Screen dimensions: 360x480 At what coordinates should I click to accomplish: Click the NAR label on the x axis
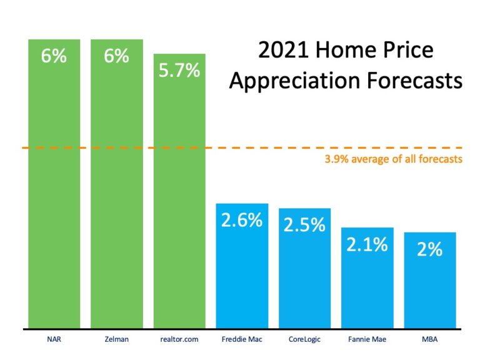54,341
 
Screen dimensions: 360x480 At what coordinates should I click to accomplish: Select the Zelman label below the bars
116,341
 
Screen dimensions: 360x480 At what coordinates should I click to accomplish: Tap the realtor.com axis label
179,341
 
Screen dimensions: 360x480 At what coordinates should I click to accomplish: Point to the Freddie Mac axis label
242,341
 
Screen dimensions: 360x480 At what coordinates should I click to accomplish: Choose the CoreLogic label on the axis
304,341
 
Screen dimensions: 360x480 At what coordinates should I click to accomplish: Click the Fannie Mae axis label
367,341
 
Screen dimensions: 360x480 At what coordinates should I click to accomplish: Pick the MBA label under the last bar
429,341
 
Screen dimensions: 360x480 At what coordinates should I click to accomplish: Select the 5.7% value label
179,71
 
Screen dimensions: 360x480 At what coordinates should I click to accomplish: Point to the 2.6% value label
242,220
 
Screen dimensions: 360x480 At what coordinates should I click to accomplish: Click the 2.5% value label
304,225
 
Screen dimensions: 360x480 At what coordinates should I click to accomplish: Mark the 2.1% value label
367,244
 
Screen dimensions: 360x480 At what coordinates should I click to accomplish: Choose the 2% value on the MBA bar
430,249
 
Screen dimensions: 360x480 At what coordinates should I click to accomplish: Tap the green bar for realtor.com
179,200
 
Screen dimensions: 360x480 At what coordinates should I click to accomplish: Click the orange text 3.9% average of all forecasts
393,159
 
